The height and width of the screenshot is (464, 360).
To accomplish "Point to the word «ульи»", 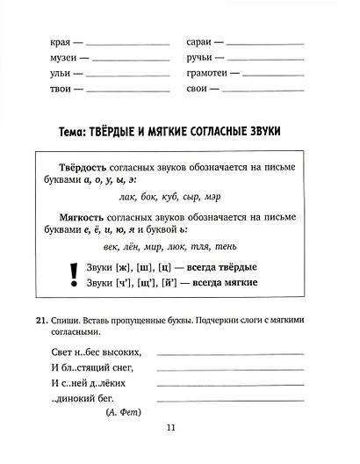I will click(x=40, y=73).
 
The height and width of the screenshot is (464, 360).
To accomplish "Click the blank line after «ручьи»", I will click(x=267, y=59).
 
